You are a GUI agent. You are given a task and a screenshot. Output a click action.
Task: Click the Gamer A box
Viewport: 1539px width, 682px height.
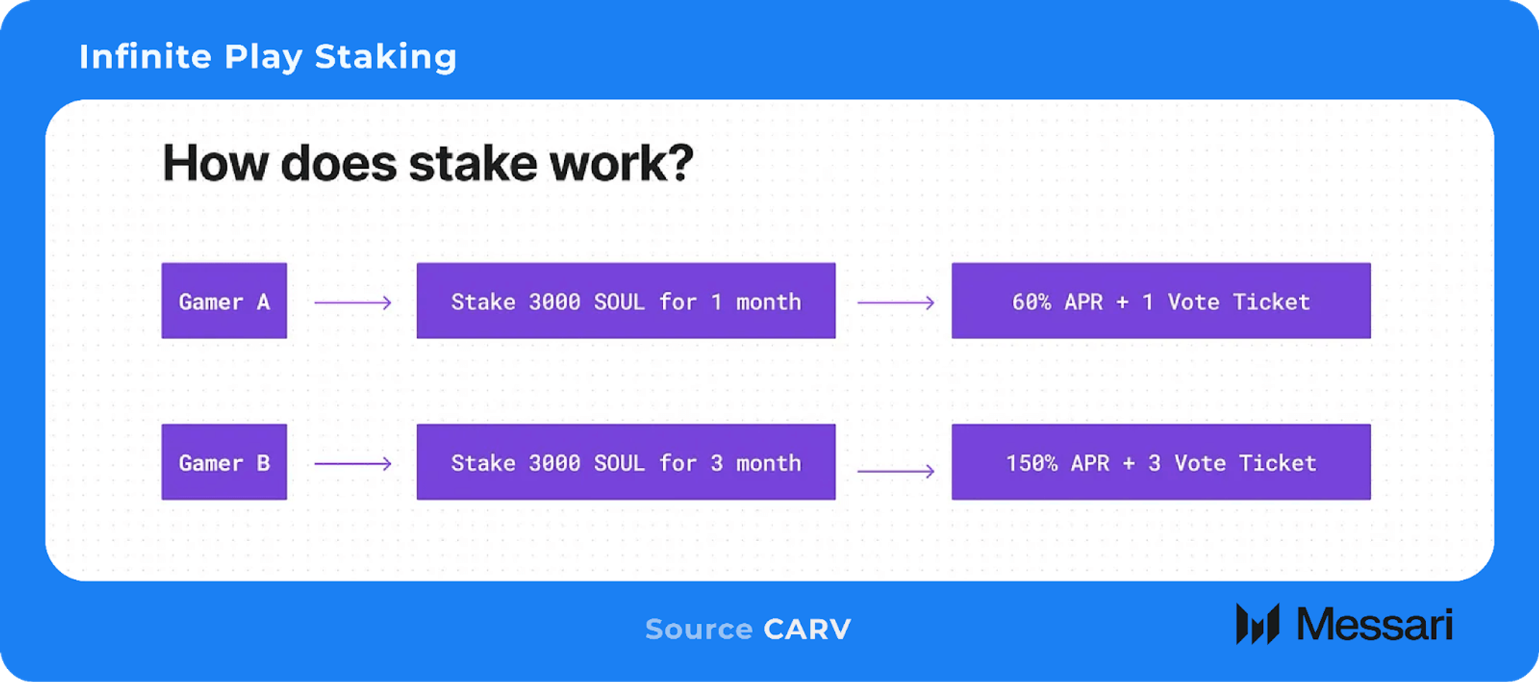click(x=224, y=301)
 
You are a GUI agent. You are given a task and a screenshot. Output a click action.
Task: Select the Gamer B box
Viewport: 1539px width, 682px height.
click(x=224, y=462)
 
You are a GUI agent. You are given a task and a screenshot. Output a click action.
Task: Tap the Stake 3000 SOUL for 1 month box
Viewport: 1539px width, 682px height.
click(x=626, y=301)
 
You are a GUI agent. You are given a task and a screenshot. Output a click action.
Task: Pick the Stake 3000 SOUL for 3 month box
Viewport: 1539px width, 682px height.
click(x=626, y=462)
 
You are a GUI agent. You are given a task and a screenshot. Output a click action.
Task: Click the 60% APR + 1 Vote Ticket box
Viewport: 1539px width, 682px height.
click(x=1161, y=301)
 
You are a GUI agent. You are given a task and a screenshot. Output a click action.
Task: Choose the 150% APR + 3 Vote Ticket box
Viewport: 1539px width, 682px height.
click(x=1161, y=462)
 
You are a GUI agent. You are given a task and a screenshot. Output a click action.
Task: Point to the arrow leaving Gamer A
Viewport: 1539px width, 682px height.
click(x=353, y=303)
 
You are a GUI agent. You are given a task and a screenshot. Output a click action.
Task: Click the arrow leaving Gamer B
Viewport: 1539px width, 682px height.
click(x=353, y=464)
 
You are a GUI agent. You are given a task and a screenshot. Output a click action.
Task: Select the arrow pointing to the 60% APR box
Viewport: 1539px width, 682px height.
click(x=896, y=303)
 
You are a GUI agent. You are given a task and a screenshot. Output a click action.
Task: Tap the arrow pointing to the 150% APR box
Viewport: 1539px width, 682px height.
click(x=896, y=471)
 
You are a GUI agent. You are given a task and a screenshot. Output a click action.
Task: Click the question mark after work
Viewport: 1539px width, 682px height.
click(x=679, y=162)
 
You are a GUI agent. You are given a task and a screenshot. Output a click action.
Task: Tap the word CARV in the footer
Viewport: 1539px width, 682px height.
click(x=807, y=630)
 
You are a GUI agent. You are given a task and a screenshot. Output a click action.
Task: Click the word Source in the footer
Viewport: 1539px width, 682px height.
click(x=699, y=630)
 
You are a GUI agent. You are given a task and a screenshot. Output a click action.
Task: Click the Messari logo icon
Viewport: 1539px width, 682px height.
click(x=1257, y=624)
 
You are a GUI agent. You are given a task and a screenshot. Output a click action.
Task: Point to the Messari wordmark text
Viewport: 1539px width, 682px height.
click(x=1374, y=624)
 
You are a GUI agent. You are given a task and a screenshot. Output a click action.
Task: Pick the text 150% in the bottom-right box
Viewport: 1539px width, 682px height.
click(x=1032, y=464)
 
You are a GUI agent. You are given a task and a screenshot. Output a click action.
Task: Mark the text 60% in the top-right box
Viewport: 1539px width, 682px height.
click(x=1032, y=303)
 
